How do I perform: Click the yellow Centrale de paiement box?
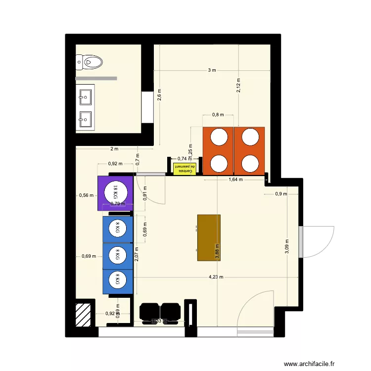185,169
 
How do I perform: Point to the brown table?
208,237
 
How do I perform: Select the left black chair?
149,312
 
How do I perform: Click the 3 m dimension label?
212,71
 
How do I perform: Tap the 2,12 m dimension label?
238,86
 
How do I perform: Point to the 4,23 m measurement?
216,278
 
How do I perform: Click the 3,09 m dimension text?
287,246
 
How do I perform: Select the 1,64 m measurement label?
235,180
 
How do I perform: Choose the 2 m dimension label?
114,149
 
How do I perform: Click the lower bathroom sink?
85,119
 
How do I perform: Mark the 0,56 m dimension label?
86,195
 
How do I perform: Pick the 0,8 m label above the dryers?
218,115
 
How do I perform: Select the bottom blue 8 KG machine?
118,281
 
